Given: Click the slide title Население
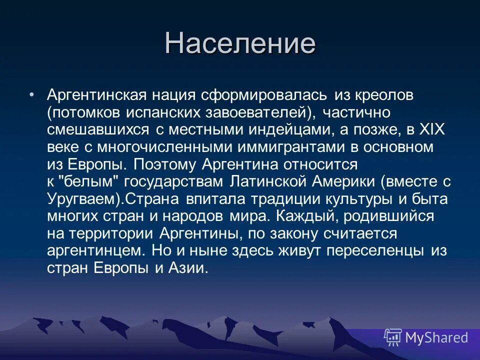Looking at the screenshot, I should click(x=240, y=43).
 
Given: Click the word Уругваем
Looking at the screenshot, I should click(x=82, y=199).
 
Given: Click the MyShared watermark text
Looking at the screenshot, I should click(x=436, y=337).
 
